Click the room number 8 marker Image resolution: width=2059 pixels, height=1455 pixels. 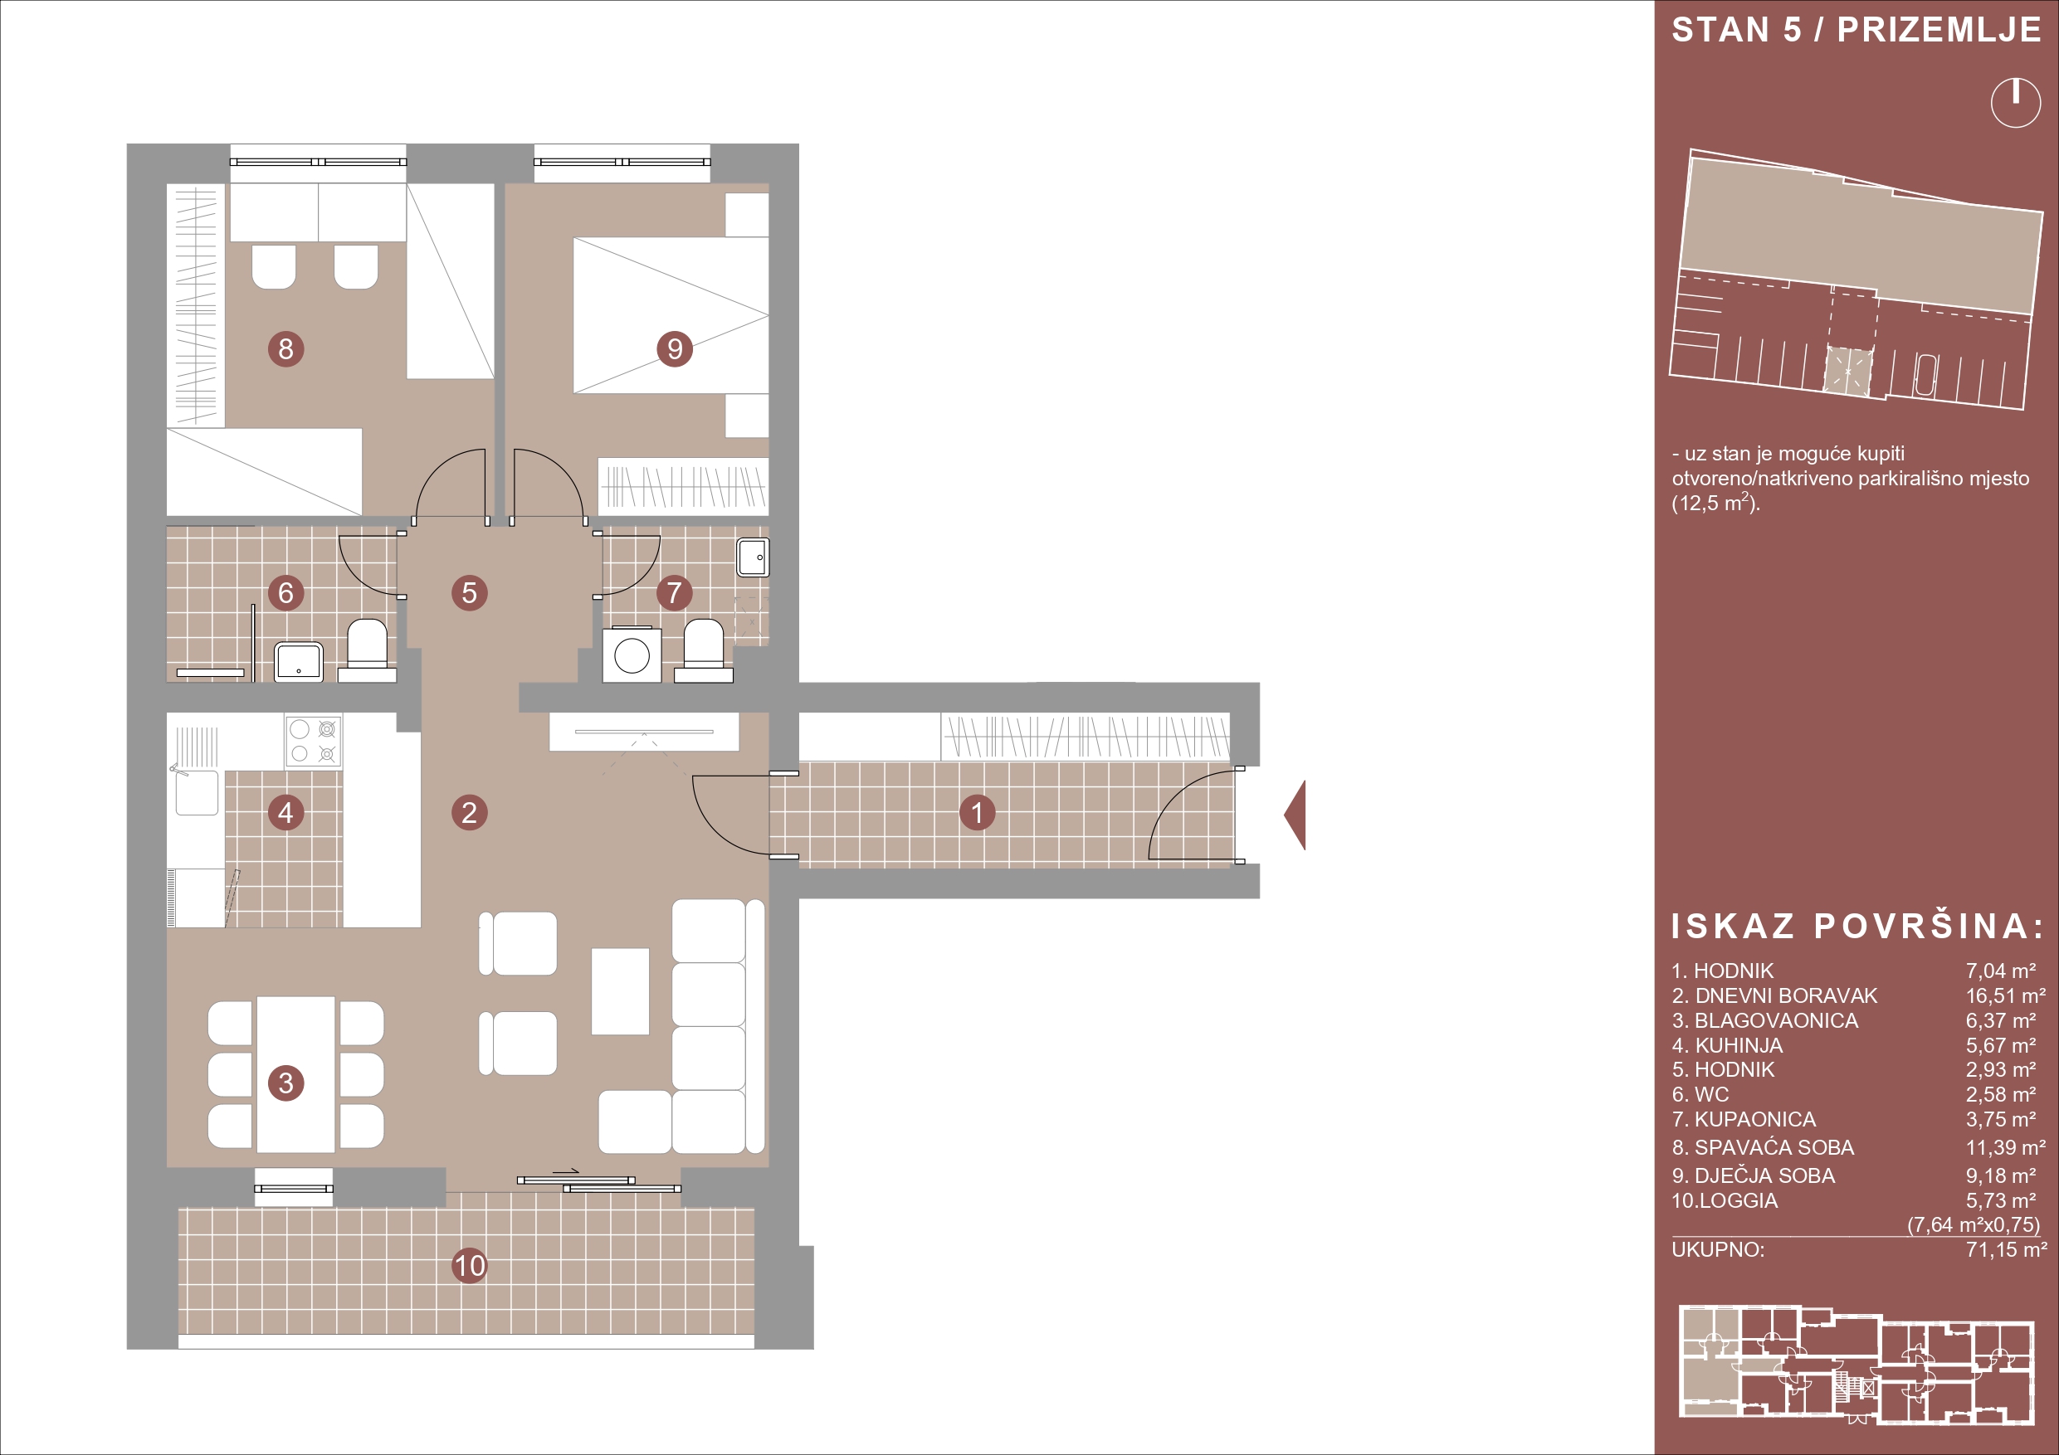pyautogui.click(x=286, y=348)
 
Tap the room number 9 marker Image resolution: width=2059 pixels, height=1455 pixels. pyautogui.click(x=675, y=348)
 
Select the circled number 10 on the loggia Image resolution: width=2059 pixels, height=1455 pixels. pyautogui.click(x=469, y=1266)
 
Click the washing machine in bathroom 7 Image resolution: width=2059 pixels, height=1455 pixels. pyautogui.click(x=632, y=655)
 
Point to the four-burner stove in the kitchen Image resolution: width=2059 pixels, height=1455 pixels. pyautogui.click(x=313, y=742)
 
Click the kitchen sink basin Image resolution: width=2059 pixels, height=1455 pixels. pyautogui.click(x=197, y=792)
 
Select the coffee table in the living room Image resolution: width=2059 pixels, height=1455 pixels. pyautogui.click(x=620, y=991)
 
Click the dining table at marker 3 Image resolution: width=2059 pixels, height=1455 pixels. pyautogui.click(x=296, y=1074)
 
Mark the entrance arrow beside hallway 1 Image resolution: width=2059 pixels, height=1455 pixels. pyautogui.click(x=1295, y=815)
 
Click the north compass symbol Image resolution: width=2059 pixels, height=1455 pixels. pyautogui.click(x=2015, y=103)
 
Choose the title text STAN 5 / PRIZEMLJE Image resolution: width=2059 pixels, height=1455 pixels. pyautogui.click(x=1857, y=30)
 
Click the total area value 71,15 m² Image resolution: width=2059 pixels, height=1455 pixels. pyautogui.click(x=2006, y=1250)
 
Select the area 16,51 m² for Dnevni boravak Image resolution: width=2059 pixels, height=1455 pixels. pyautogui.click(x=2006, y=996)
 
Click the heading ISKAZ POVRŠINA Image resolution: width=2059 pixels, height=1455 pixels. pyautogui.click(x=1857, y=926)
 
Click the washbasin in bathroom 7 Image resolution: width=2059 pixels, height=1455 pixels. pyautogui.click(x=753, y=557)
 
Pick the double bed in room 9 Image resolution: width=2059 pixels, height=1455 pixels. pyautogui.click(x=671, y=315)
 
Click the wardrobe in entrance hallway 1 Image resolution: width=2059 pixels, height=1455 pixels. pyautogui.click(x=1085, y=737)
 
